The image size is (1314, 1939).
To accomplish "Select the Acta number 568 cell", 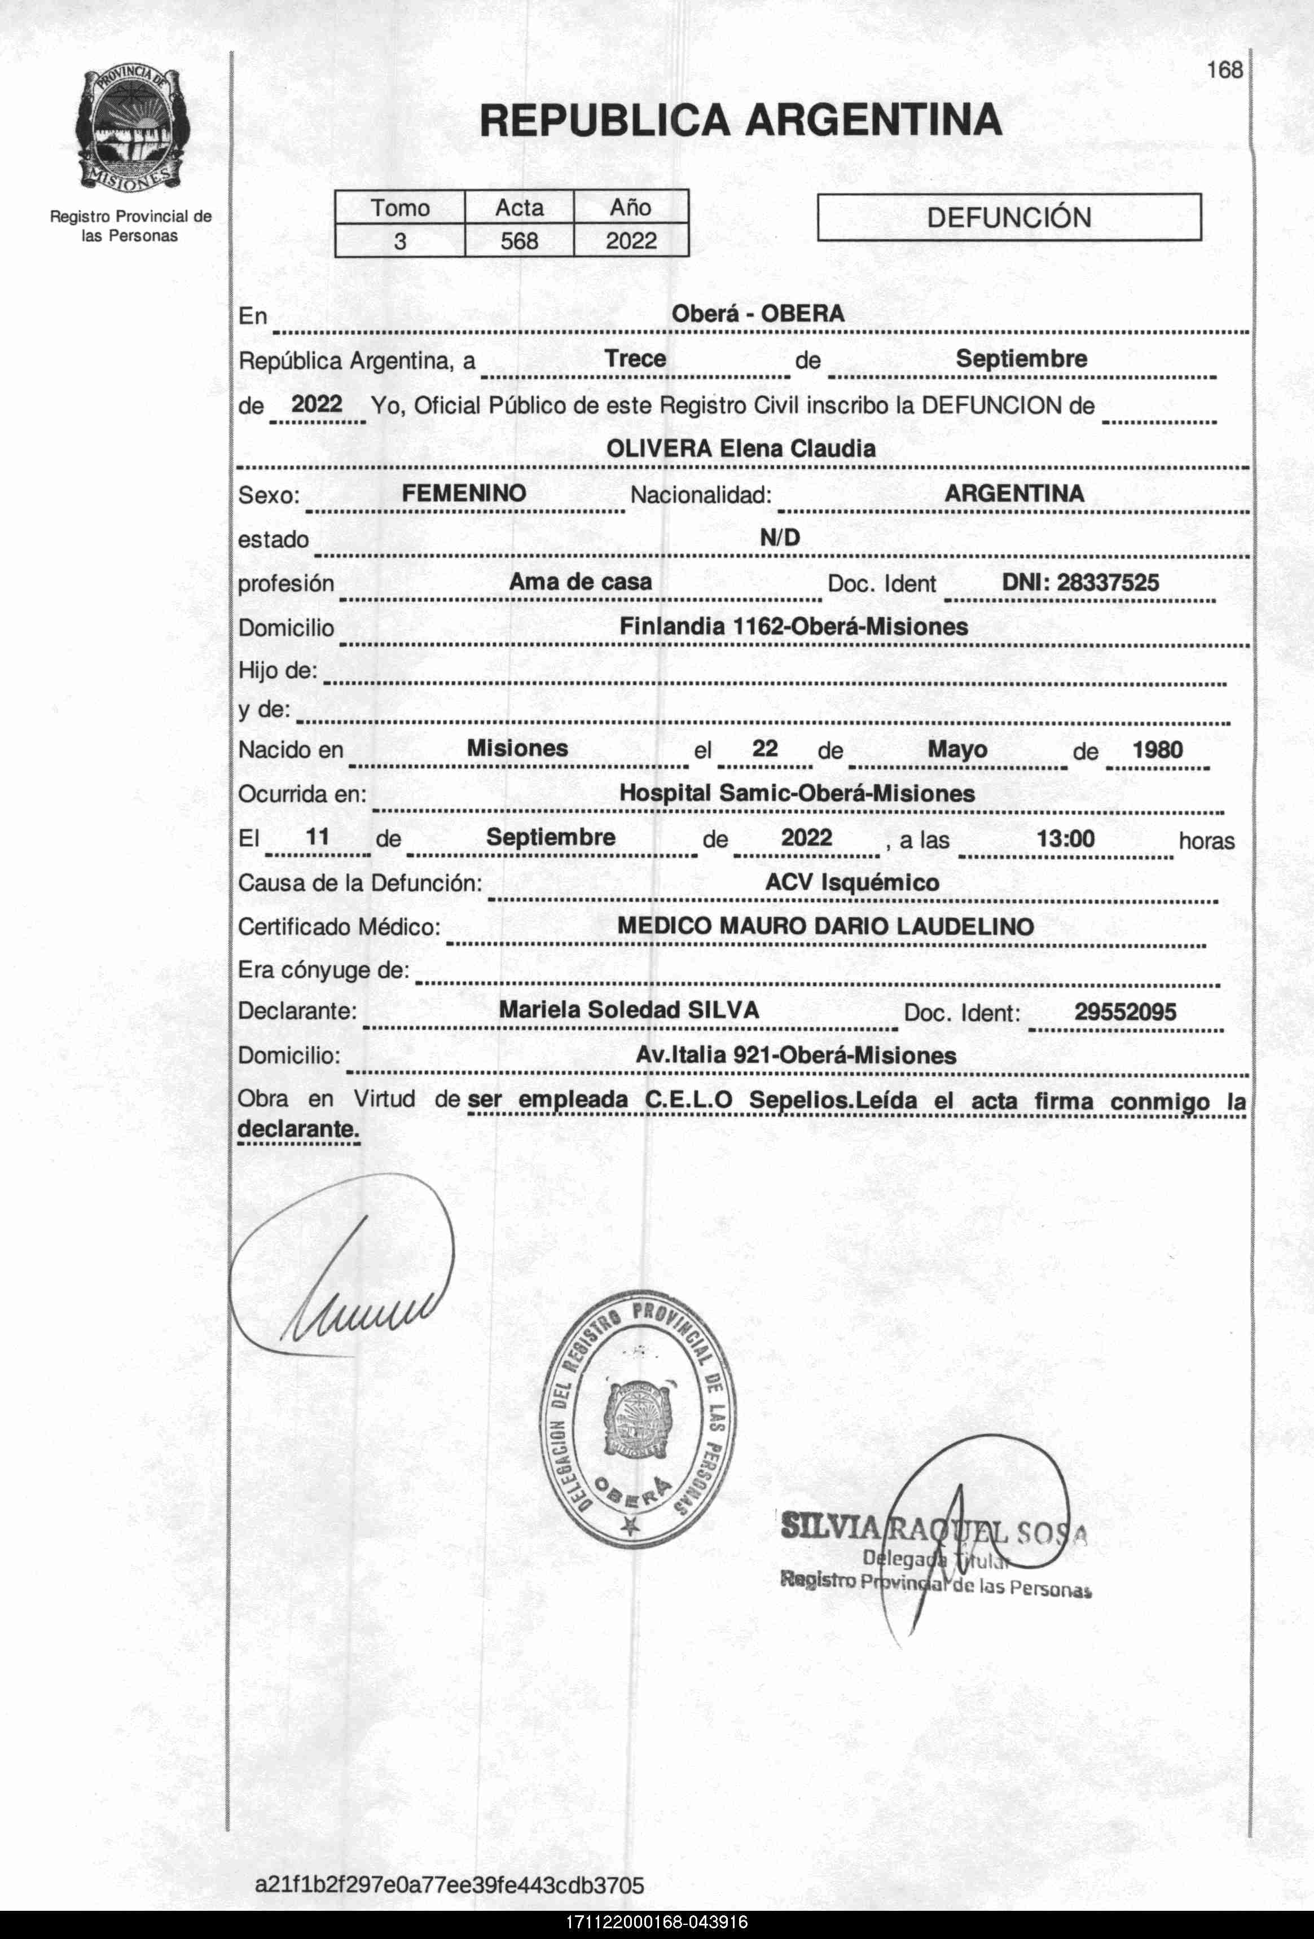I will [519, 241].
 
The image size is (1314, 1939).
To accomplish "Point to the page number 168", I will [1224, 70].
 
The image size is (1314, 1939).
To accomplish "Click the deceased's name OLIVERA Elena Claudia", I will [741, 449].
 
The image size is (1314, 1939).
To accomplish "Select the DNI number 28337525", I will [1080, 582].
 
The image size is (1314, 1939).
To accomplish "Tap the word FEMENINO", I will [464, 493].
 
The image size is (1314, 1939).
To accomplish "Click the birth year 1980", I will [1157, 749].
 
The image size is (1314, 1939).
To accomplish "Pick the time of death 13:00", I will [1065, 838].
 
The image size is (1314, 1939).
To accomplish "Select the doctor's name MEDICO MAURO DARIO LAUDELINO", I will [825, 926].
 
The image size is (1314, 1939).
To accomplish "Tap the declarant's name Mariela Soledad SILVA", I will [629, 1010].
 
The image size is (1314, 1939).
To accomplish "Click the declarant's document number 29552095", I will [1124, 1012].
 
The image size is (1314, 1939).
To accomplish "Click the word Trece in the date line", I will [635, 359].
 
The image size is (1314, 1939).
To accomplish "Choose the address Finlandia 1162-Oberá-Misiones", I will [793, 627].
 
